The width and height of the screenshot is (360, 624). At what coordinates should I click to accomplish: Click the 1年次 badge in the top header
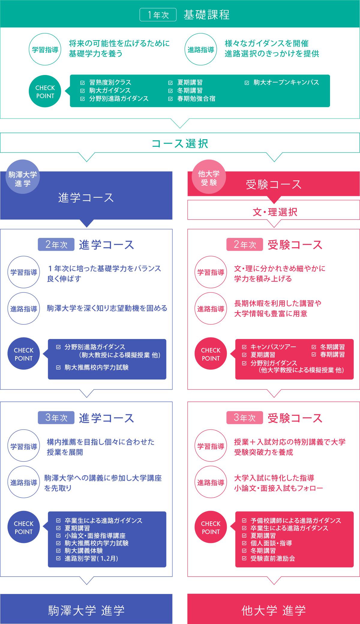(158, 15)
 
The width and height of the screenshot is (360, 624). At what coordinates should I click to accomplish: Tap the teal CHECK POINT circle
(45, 91)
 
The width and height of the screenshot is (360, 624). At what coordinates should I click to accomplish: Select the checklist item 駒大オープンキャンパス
(286, 82)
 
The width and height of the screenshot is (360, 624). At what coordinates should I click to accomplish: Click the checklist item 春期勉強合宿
(196, 99)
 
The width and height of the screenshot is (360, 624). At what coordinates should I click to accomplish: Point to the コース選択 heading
(180, 143)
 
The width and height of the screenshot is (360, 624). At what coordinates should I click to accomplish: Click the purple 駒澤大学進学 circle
(22, 177)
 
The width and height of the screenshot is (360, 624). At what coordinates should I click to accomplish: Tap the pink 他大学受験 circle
(209, 177)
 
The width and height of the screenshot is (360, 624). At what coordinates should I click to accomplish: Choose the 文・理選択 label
(275, 212)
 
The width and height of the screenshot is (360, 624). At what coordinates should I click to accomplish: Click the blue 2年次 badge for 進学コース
(56, 245)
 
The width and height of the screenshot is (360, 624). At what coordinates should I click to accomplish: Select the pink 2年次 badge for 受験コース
(244, 245)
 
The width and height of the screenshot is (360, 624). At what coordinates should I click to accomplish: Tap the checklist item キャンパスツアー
(273, 347)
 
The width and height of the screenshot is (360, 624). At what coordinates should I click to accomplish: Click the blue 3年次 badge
(56, 418)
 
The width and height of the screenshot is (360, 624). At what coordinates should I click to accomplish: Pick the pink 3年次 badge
(244, 418)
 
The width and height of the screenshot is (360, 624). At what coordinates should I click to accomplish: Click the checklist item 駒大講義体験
(83, 551)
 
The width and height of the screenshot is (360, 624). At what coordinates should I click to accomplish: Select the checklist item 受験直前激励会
(272, 559)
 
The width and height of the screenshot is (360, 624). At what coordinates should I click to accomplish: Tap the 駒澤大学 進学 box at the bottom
(86, 610)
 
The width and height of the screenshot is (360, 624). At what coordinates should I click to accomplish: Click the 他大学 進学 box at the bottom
(274, 610)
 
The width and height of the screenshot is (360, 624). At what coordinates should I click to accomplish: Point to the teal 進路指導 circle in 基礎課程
(201, 49)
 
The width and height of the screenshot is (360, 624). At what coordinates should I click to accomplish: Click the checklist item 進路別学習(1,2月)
(91, 559)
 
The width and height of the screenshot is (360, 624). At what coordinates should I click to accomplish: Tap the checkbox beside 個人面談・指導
(244, 543)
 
